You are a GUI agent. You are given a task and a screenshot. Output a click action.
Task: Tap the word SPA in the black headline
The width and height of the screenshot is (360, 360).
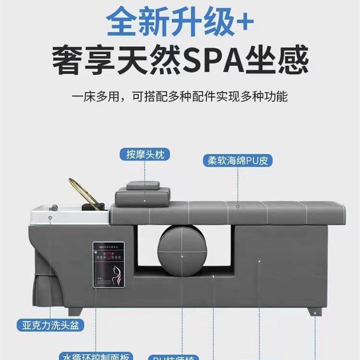[x=213, y=62]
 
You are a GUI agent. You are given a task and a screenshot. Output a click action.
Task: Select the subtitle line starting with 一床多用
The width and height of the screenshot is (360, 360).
[x=180, y=97]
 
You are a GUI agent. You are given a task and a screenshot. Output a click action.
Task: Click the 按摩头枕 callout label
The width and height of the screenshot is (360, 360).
[x=145, y=155]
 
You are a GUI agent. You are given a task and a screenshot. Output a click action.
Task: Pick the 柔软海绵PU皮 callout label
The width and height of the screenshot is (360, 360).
[x=238, y=160]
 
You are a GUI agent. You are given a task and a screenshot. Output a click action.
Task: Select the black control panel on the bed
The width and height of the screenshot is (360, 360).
[x=108, y=265]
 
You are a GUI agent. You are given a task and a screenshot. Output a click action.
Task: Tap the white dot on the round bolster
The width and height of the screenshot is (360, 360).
[x=182, y=256]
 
